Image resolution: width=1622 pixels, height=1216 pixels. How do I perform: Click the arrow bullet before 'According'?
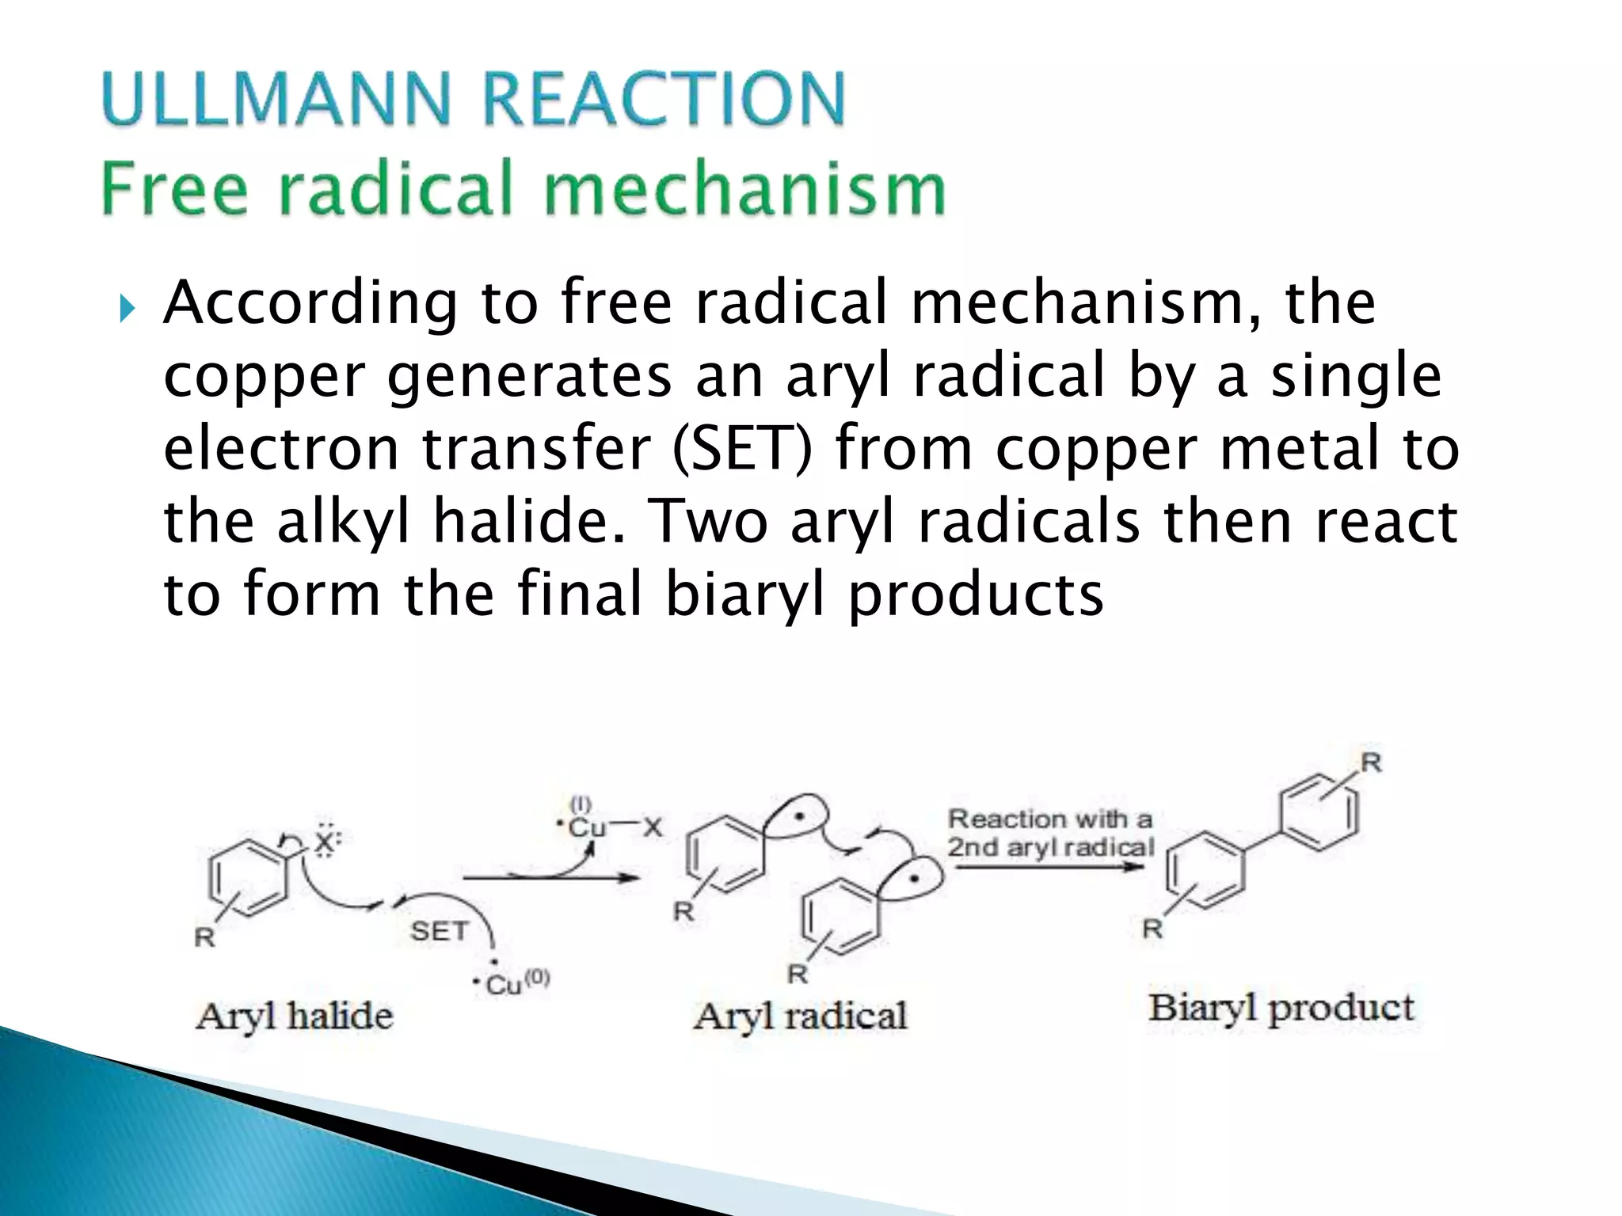tap(127, 308)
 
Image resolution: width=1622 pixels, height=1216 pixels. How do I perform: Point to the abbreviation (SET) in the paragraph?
tap(741, 448)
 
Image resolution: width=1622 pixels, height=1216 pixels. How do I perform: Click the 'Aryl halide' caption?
tap(294, 1016)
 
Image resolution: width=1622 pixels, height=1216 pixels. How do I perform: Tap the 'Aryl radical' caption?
tap(800, 1016)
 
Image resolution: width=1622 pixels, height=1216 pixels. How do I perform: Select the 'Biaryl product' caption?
tap(1281, 1008)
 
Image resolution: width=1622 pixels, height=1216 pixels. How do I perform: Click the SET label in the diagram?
tap(440, 931)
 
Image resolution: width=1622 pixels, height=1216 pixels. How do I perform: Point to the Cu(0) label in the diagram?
tap(513, 982)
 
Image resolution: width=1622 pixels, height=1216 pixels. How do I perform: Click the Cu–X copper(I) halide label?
tap(610, 827)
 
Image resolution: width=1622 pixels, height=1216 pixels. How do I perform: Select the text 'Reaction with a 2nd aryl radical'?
tap(1050, 833)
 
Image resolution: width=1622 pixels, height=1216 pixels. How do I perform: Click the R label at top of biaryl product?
tap(1371, 762)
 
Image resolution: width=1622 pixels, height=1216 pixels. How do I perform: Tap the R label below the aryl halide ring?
tap(204, 937)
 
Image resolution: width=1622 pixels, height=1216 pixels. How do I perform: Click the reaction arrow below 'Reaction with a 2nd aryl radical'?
tap(1049, 867)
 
